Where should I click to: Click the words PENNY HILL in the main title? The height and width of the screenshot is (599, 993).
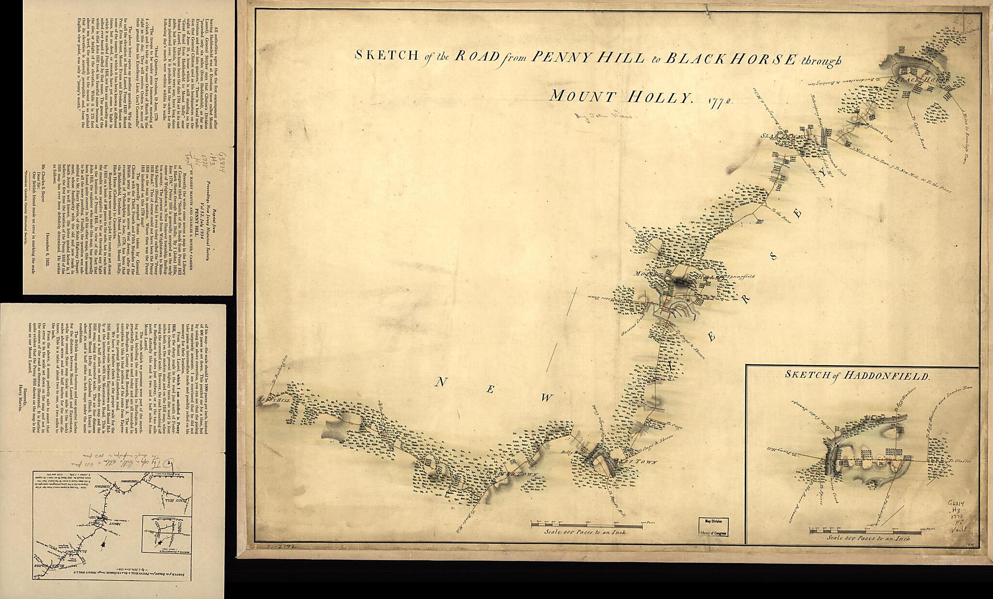(x=588, y=58)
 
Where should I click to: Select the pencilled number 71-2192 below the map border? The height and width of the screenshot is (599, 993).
(x=281, y=546)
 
